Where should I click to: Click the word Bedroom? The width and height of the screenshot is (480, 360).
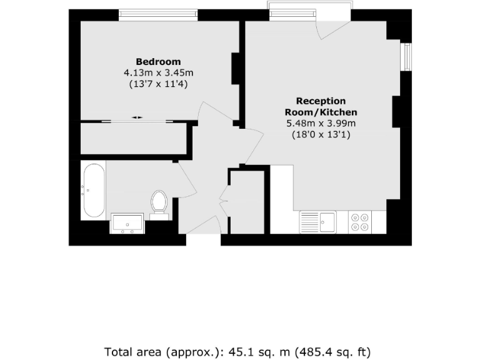[x=158, y=62]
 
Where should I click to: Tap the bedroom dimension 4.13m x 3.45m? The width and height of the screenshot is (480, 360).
[x=158, y=72]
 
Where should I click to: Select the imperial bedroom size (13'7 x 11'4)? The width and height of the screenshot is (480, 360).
[x=158, y=83]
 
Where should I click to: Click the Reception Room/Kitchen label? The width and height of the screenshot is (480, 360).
[x=321, y=106]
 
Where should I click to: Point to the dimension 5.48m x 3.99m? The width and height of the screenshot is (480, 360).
[x=321, y=122]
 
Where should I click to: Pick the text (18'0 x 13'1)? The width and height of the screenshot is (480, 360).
[x=321, y=133]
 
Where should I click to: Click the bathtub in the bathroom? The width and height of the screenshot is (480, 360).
[x=94, y=190]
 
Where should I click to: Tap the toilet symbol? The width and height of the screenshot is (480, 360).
[x=159, y=203]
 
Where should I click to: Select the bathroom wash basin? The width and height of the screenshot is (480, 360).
[x=127, y=222]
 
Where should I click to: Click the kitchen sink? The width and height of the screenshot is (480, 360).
[x=318, y=221]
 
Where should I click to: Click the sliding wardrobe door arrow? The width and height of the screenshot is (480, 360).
[x=137, y=117]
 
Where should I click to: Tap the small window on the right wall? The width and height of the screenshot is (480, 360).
[x=406, y=56]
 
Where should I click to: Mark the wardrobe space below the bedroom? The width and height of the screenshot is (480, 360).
[x=134, y=138]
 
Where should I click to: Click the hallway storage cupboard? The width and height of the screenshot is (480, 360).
[x=247, y=201]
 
